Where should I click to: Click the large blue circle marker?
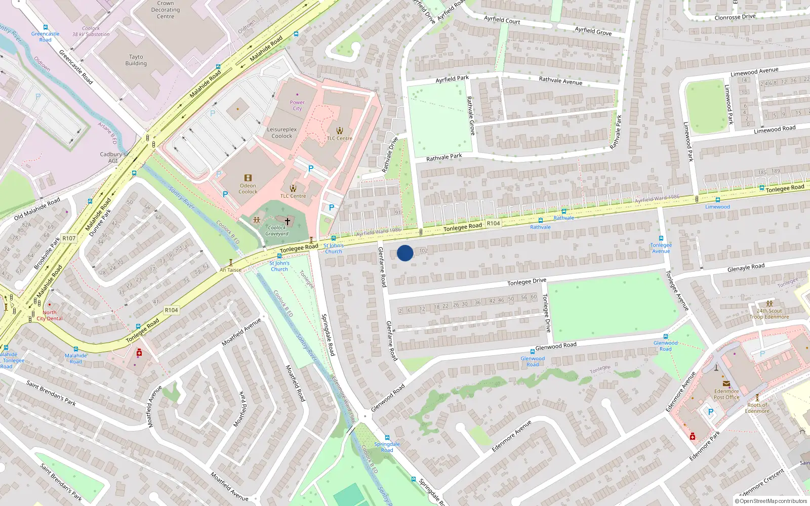tap(405, 253)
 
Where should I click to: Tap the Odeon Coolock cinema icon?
tap(248, 178)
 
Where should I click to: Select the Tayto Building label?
tap(136, 60)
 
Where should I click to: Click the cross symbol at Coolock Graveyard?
tap(288, 221)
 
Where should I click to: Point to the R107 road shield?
tap(69, 238)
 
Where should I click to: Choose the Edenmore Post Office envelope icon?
tap(726, 384)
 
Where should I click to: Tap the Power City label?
tap(297, 105)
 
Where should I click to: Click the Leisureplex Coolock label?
tap(282, 133)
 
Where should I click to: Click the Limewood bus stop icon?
tap(717, 200)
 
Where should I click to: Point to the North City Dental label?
tap(50, 315)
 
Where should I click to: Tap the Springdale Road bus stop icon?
tap(387, 438)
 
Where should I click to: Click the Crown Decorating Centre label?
tap(166, 10)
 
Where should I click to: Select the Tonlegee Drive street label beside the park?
tap(546, 313)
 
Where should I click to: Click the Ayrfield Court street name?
tap(502, 20)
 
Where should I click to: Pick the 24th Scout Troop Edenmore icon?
tap(769, 304)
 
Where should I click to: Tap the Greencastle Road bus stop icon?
tap(46, 27)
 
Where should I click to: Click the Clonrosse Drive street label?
tap(735, 17)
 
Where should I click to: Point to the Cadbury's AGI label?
tap(113, 157)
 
